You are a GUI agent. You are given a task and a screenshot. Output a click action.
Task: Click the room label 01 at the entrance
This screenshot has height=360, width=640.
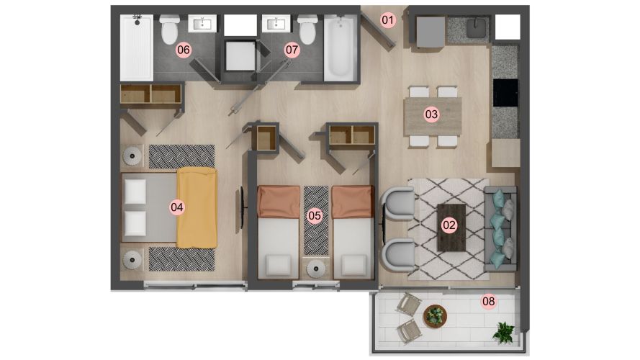(x=388, y=20)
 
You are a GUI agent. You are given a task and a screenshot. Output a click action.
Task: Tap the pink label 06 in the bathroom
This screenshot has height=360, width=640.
(x=184, y=50)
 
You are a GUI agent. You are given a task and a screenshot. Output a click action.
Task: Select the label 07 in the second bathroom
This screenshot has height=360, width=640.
(x=292, y=50)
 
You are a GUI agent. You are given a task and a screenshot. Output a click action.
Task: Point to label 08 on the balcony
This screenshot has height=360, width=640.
(x=489, y=301)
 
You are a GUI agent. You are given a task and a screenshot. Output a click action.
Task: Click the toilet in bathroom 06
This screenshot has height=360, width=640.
(x=170, y=30)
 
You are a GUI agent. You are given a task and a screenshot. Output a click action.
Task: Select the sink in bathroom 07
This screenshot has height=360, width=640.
(x=276, y=23)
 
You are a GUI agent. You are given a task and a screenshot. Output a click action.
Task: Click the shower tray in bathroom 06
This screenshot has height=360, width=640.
(x=136, y=48)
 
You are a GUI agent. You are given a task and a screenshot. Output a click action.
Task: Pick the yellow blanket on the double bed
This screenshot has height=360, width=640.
(x=197, y=208)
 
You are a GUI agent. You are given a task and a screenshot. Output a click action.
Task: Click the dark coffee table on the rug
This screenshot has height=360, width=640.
(x=451, y=228)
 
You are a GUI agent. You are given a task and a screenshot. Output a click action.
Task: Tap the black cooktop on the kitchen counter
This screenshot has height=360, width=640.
(x=505, y=93)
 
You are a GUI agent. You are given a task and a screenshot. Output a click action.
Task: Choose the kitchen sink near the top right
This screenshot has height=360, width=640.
(x=477, y=28)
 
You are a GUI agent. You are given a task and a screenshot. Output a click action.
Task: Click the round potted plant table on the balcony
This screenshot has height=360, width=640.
(x=435, y=316)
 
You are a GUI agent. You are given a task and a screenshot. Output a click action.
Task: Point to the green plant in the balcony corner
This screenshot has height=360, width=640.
(x=504, y=331)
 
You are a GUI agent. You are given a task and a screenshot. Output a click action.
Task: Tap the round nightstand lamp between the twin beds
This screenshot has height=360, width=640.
(x=315, y=269)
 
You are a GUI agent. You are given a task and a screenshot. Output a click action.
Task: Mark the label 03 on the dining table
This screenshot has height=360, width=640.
(x=431, y=114)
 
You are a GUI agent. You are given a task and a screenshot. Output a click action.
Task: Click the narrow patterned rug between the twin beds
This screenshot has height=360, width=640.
(x=316, y=220)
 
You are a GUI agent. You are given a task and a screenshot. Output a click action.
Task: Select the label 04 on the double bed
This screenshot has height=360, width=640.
(x=176, y=207)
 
